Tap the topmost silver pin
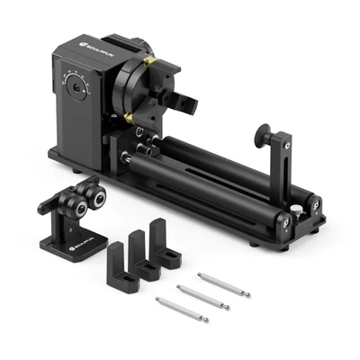(x=222, y=284)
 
